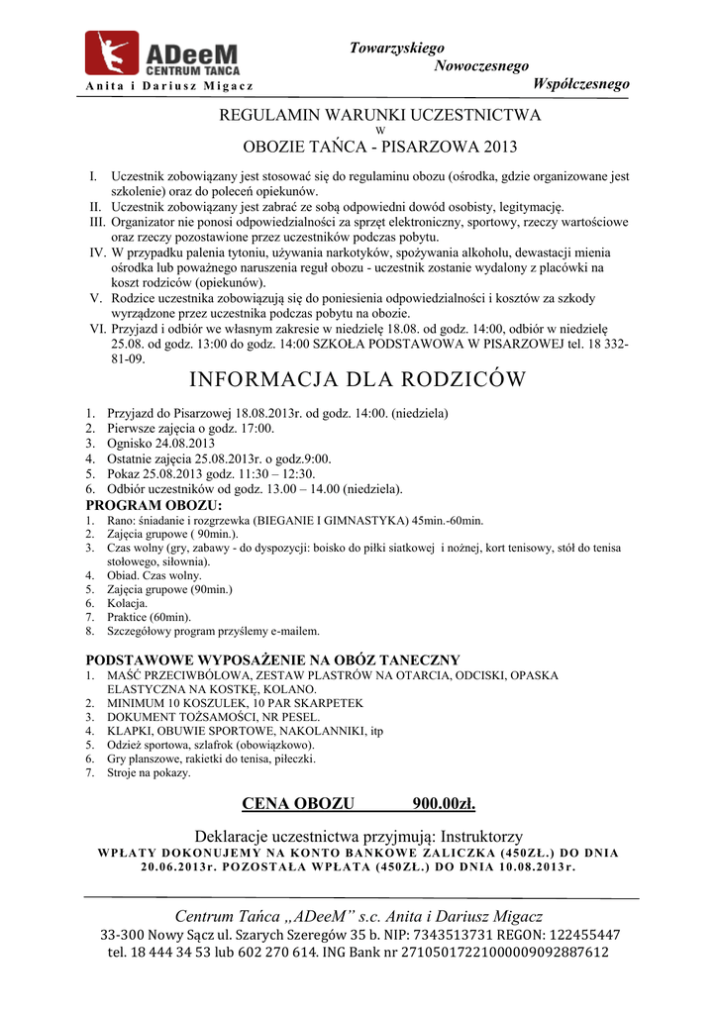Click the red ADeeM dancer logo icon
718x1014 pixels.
[111, 52]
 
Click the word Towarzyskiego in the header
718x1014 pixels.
[396, 49]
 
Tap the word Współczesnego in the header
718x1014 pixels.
[580, 84]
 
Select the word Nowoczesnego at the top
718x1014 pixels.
[481, 66]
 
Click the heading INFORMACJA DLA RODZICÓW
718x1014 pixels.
[358, 380]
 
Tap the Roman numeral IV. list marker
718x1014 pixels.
[97, 253]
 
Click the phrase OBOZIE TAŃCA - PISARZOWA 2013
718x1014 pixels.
[380, 149]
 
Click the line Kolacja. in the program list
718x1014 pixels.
[128, 602]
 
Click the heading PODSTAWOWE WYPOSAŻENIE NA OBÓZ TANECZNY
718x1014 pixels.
[272, 659]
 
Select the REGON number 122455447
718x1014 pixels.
[575, 934]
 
